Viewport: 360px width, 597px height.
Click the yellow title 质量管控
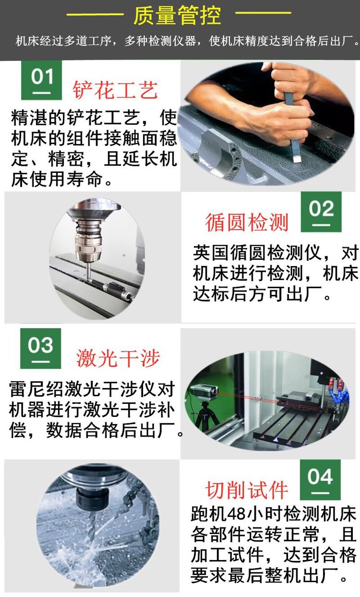177,16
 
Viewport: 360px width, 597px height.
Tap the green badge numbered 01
42,80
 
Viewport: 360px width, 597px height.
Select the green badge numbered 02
321,212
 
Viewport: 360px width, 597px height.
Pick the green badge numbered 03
40,348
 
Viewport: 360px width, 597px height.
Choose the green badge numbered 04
320,480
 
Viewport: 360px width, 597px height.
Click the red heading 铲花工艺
115,90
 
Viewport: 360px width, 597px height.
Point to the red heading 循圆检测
247,222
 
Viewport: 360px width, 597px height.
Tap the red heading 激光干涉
118,358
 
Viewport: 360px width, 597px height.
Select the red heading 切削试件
246,490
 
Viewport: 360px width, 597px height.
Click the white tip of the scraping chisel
297,159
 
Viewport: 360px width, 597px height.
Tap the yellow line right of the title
264,12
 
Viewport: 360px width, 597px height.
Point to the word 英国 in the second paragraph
211,253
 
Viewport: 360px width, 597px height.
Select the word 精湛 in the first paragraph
29,118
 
